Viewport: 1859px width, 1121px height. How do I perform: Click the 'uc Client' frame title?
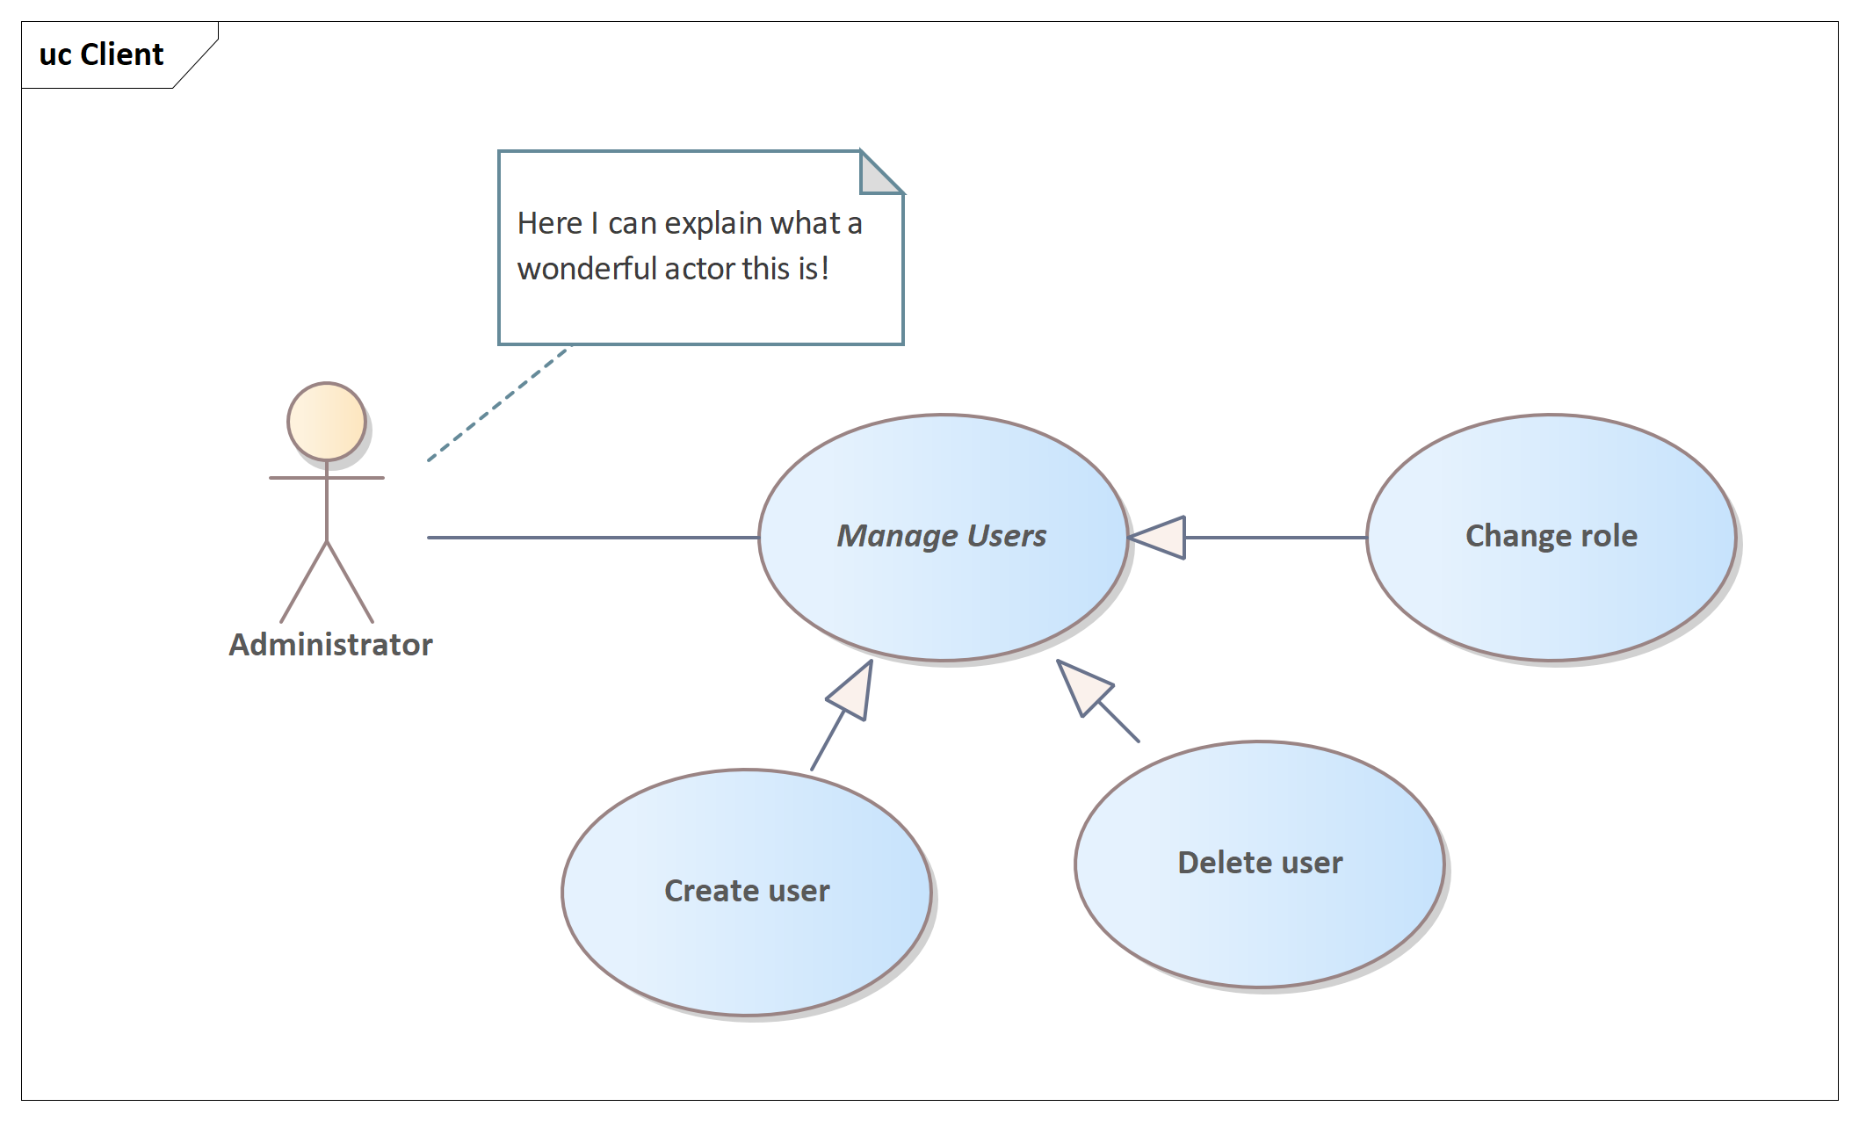pos(101,54)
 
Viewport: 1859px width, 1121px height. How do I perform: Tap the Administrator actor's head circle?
pos(327,422)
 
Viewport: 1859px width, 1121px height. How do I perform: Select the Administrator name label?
pos(331,645)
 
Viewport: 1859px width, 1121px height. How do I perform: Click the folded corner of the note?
pos(881,172)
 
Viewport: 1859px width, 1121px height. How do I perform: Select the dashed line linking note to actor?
pos(499,403)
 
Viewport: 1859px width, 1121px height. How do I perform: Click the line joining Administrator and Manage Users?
pos(593,538)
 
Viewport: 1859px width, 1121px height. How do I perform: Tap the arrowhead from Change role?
pos(1157,538)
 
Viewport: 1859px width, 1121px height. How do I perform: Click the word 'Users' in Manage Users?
pos(1007,536)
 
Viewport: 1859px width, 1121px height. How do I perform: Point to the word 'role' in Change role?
pos(1609,536)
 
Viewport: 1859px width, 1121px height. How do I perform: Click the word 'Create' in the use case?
pos(705,891)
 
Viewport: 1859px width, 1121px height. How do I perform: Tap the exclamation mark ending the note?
pos(825,269)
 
